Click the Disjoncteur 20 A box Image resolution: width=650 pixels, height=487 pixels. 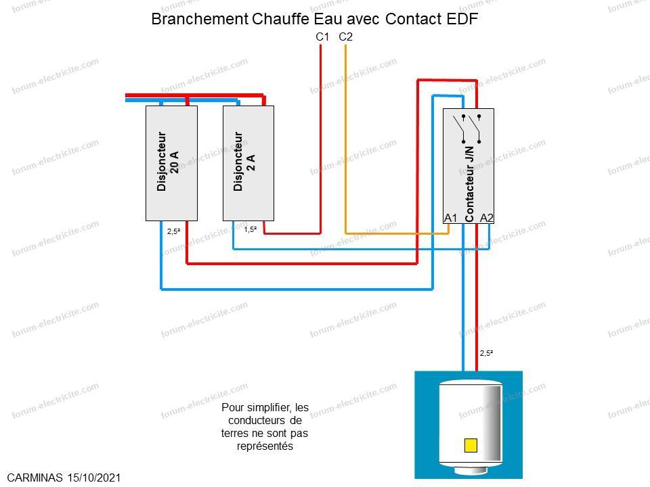pos(171,163)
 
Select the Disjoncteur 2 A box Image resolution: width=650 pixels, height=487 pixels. pos(248,163)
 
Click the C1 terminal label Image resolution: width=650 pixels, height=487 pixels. pos(322,37)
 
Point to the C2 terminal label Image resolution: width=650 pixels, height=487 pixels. pos(345,37)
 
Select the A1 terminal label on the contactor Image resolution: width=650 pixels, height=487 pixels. pos(451,218)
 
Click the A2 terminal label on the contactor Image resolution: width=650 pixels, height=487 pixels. pos(487,218)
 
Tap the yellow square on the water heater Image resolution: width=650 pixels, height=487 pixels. pos(471,445)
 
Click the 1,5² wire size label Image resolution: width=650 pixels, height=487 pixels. pos(250,229)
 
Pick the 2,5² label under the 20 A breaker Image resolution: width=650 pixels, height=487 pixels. pos(174,231)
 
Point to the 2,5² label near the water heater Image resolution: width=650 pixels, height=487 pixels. pos(486,353)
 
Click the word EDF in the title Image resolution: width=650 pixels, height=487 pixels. pos(462,19)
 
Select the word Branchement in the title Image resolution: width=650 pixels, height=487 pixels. pos(200,19)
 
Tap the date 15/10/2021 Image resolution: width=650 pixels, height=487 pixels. pos(94,478)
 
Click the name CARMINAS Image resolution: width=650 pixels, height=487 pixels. pos(35,478)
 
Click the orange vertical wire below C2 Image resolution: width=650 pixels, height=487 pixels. pos(346,139)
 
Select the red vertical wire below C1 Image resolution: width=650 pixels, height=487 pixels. pos(320,139)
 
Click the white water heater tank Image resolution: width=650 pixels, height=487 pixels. pos(471,427)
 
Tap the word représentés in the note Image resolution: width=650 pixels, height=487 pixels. pos(265,446)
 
